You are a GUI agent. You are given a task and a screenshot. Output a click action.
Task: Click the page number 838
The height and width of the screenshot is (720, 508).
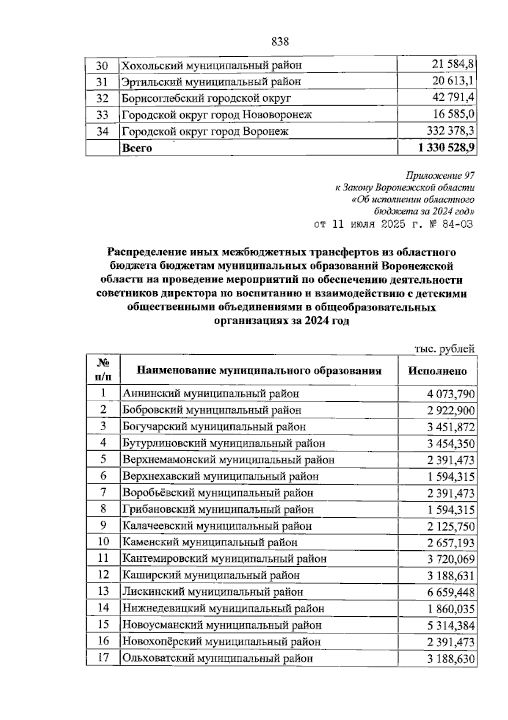(279, 42)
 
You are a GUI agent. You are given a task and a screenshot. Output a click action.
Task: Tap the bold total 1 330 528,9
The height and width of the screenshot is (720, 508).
(445, 148)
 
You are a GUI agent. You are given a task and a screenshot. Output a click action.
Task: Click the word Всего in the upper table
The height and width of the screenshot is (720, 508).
(136, 148)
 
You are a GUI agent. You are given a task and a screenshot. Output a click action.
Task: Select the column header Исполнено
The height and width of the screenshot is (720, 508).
(437, 371)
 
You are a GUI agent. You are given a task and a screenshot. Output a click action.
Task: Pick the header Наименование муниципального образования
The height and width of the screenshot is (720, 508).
(259, 371)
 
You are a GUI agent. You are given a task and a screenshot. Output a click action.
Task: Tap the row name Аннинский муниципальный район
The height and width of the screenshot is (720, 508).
(211, 394)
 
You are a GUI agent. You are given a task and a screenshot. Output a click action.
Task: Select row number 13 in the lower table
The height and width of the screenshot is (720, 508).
(103, 592)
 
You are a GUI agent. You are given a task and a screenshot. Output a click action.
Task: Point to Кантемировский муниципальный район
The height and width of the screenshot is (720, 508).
(224, 559)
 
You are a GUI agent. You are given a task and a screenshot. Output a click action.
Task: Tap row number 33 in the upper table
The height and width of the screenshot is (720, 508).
(102, 115)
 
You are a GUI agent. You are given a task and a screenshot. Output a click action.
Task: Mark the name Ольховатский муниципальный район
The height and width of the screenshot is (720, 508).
(218, 658)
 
